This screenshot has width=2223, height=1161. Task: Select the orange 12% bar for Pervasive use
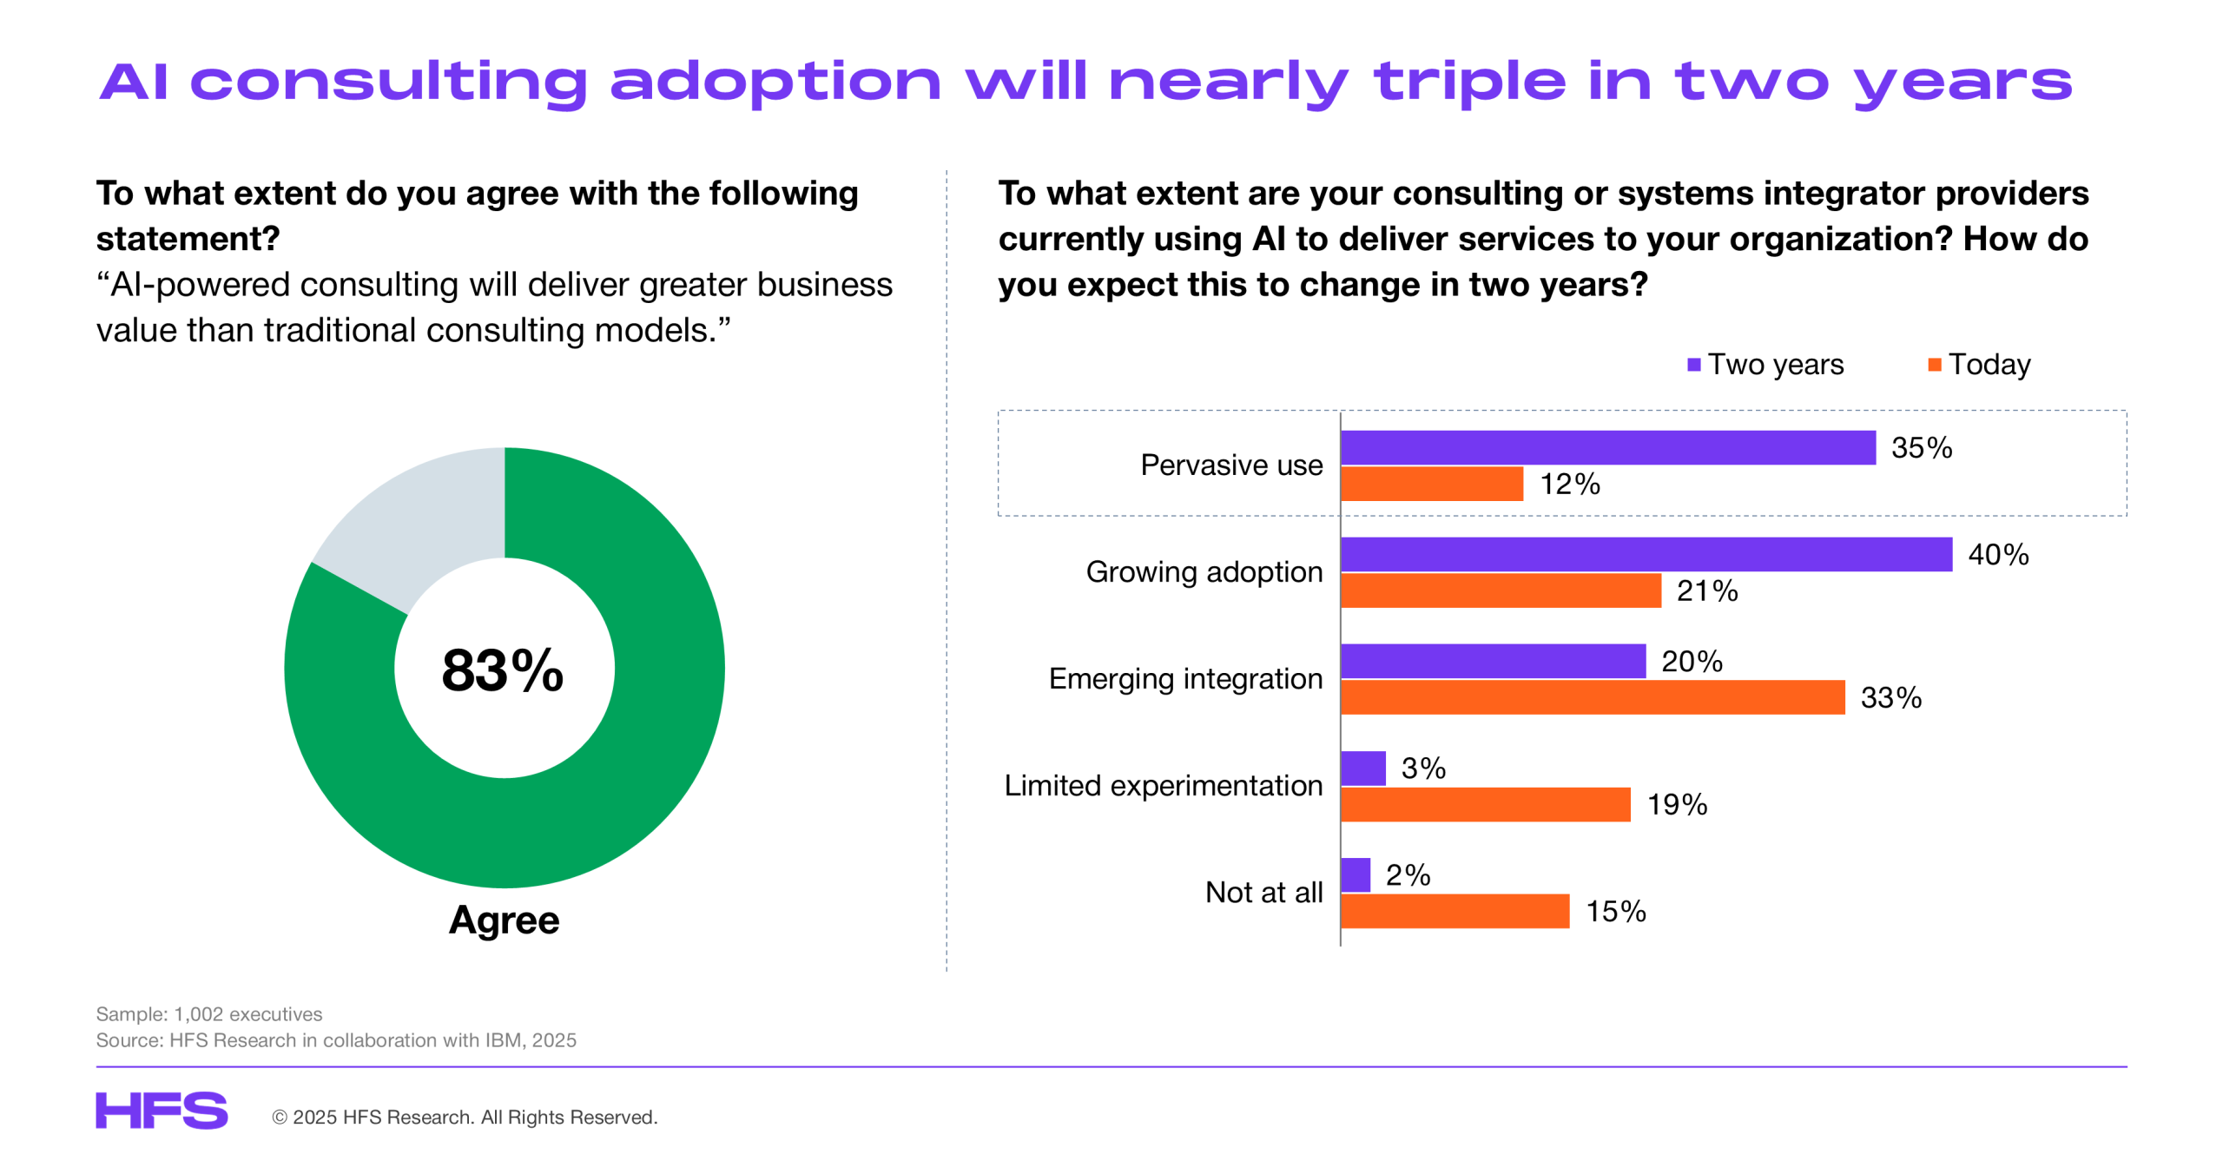pos(1431,484)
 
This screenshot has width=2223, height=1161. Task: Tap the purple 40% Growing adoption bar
pos(1645,554)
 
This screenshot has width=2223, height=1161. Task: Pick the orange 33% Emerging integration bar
pos(1591,697)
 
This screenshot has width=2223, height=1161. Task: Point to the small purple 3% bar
pos(1362,769)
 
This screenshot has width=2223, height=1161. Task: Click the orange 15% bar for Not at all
pos(1455,911)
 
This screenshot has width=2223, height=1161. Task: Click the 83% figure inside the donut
pos(502,670)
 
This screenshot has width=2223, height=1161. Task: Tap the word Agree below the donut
pos(504,920)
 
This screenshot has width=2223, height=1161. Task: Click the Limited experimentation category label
pos(1163,786)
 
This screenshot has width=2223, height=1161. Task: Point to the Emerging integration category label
pos(1185,679)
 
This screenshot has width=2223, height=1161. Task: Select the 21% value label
pos(1706,591)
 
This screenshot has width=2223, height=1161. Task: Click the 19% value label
pos(1676,805)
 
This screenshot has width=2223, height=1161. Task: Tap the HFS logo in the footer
pos(162,1111)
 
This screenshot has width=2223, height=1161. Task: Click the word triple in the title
pos(1469,82)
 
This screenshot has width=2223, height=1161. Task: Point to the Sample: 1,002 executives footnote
pos(208,1014)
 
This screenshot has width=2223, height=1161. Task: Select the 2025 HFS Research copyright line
pos(465,1118)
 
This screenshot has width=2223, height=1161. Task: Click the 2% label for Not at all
pos(1407,875)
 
